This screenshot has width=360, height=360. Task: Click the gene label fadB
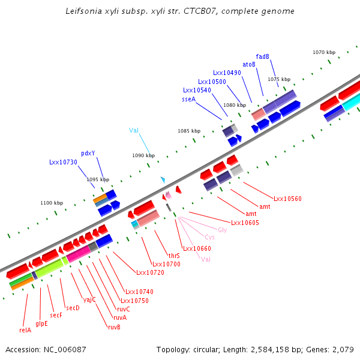coord(262,56)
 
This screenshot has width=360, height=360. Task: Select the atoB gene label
coord(249,64)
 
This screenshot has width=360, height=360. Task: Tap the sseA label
coord(188,99)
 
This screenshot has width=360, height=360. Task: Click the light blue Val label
coord(134,130)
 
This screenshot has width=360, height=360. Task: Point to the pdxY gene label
coord(88,153)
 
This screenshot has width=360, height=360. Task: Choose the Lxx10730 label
coord(63,162)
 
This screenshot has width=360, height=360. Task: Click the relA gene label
coord(25,329)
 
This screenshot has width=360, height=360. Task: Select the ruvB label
coord(114,327)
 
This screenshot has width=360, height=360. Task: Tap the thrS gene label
coord(174,256)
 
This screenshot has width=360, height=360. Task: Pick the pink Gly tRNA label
coord(222,230)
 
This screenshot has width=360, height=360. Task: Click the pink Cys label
coord(209,237)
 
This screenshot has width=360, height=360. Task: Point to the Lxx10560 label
coord(287,199)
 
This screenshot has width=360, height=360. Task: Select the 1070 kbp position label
coord(323,52)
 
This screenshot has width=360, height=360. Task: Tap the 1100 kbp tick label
coord(52,203)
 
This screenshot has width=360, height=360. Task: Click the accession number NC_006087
coord(46,349)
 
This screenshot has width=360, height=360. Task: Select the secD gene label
coord(73,308)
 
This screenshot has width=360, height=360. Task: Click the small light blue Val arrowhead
coord(162,179)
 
